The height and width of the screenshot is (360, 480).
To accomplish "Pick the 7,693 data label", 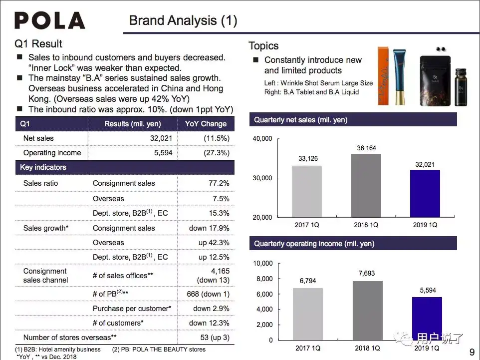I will coord(366,273).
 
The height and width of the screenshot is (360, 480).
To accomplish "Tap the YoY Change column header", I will coord(206,124).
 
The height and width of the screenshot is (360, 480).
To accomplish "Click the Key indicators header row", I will coord(125,167).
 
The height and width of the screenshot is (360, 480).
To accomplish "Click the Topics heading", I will coord(263,46).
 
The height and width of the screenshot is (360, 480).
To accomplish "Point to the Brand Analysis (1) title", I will coord(183,20).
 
